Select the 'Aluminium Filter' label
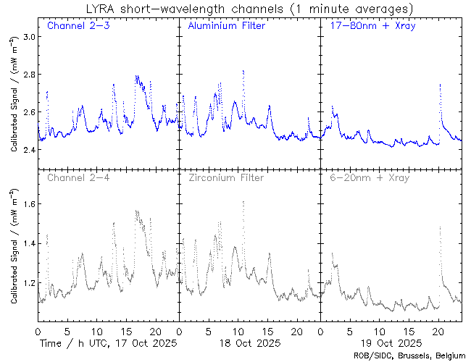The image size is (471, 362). pyautogui.click(x=226, y=26)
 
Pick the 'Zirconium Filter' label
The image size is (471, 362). pyautogui.click(x=225, y=177)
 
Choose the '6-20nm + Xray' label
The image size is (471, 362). pyautogui.click(x=370, y=177)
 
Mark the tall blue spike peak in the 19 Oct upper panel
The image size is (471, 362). pyautogui.click(x=440, y=85)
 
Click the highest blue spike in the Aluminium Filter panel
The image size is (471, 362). pyautogui.click(x=243, y=71)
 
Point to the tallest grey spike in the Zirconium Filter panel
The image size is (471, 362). pyautogui.click(x=243, y=201)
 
